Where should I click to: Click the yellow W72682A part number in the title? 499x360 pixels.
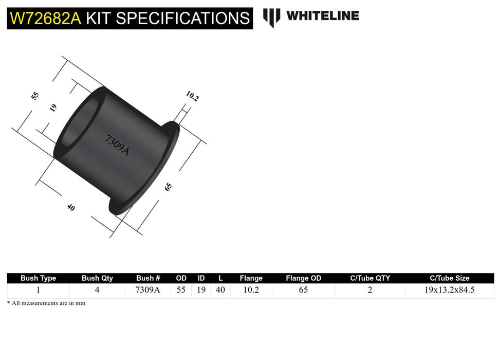point(45,19)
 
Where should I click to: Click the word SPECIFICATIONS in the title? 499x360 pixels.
point(183,19)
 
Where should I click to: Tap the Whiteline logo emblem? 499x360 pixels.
point(271,17)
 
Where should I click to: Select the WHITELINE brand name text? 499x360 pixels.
point(323,16)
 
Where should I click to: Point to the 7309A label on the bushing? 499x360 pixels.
point(117,145)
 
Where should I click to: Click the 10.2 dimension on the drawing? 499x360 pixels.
point(192,96)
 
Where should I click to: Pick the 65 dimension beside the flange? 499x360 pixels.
point(168,187)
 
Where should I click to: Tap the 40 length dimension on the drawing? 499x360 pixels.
point(70,207)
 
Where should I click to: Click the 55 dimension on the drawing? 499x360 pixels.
point(35,96)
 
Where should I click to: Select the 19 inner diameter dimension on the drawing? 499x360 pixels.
point(53,107)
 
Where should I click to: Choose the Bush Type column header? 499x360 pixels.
point(38,278)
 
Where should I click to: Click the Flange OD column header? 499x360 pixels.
point(303,278)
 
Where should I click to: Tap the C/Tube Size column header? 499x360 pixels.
point(449,278)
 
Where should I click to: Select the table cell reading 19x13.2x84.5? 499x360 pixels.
point(449,290)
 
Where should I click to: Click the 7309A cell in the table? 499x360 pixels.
point(148,290)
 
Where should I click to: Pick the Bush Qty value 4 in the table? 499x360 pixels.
point(97,290)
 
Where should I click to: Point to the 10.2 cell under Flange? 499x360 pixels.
point(251,290)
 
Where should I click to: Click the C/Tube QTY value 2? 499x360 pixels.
point(370,290)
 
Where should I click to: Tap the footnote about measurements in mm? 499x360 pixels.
point(46,303)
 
